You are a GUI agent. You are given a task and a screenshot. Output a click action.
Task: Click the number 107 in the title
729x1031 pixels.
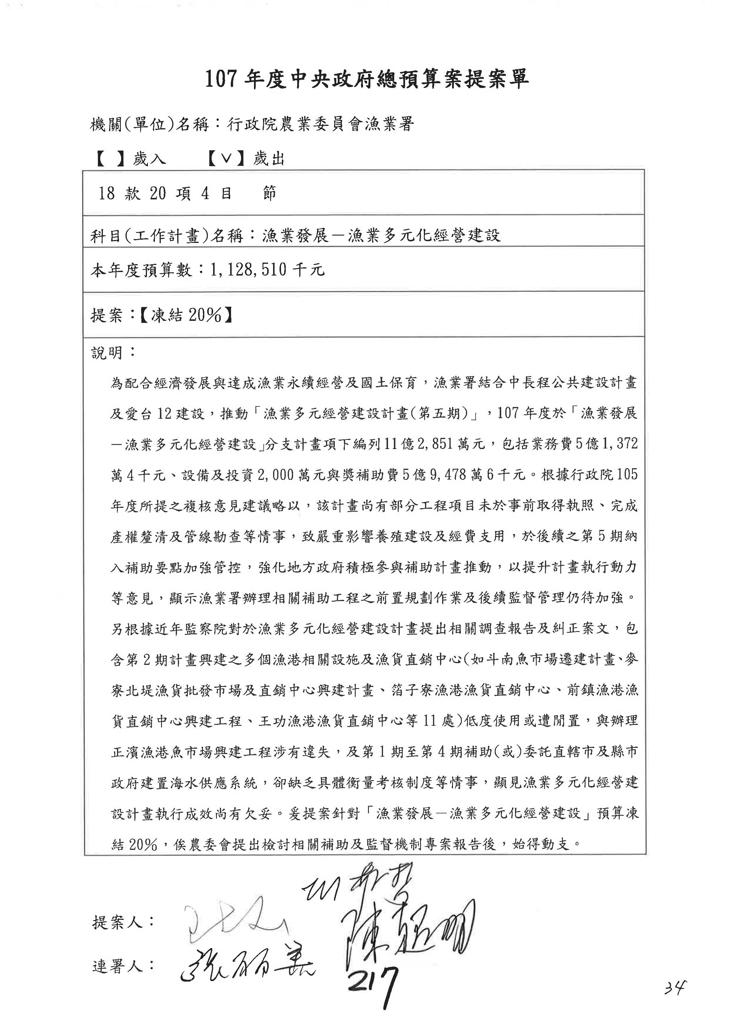click(x=221, y=79)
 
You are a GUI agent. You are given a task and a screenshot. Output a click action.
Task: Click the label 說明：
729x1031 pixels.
click(x=113, y=353)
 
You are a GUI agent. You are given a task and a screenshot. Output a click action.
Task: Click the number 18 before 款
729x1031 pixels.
click(x=107, y=193)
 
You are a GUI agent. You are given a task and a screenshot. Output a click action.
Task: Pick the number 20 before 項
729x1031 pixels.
click(x=158, y=193)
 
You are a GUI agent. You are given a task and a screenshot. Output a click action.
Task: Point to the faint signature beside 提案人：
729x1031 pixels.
click(x=233, y=920)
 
